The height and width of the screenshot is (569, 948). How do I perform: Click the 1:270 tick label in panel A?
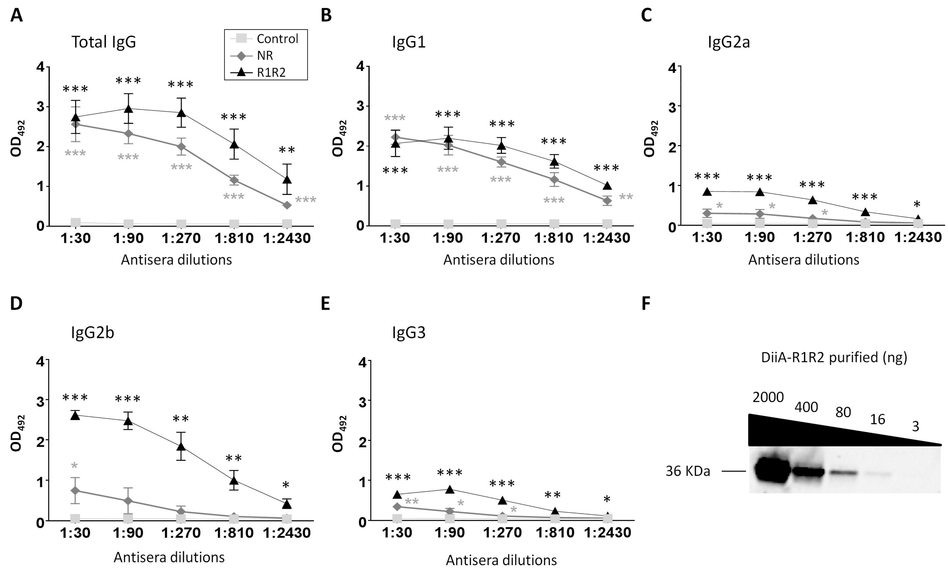tap(181, 238)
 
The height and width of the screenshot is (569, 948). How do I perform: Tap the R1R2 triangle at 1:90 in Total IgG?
tap(128, 109)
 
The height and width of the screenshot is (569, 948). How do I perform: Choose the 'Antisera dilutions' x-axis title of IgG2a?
tap(804, 260)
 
